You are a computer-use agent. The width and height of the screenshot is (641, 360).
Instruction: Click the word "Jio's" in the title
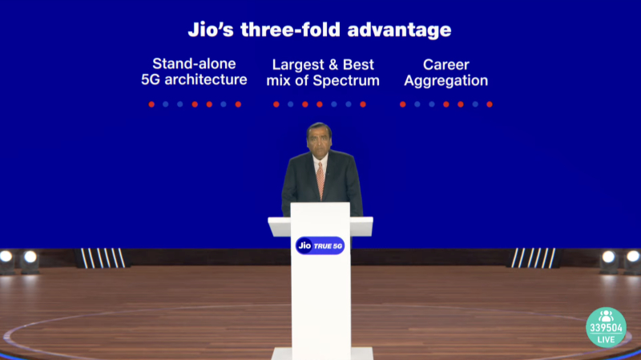tap(211, 30)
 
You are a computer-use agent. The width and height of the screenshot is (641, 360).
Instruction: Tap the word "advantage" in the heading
tap(399, 30)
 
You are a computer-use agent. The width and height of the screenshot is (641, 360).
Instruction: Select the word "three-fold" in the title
tap(290, 30)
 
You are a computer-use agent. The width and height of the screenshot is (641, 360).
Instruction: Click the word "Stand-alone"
tap(194, 64)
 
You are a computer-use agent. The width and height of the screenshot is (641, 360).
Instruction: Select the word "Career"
tap(446, 65)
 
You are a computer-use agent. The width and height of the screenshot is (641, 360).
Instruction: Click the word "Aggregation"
tap(446, 81)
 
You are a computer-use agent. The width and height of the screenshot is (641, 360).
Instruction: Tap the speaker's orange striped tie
tap(320, 180)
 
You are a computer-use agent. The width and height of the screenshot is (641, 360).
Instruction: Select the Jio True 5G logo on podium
tap(320, 245)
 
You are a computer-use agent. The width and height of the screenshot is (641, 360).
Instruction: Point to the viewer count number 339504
tap(606, 328)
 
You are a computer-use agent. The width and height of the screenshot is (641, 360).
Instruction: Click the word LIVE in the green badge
tap(606, 339)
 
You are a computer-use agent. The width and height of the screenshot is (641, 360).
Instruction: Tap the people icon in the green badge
tap(606, 316)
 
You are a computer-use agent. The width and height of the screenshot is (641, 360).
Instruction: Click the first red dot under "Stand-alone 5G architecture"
tap(151, 104)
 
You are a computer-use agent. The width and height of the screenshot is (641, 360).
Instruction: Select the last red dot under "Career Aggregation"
tap(490, 104)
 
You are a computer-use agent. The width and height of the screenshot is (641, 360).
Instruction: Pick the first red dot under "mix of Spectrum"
tap(276, 104)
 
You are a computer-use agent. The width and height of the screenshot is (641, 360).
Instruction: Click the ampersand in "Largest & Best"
tap(333, 65)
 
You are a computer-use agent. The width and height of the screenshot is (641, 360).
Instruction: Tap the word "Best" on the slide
tap(358, 65)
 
